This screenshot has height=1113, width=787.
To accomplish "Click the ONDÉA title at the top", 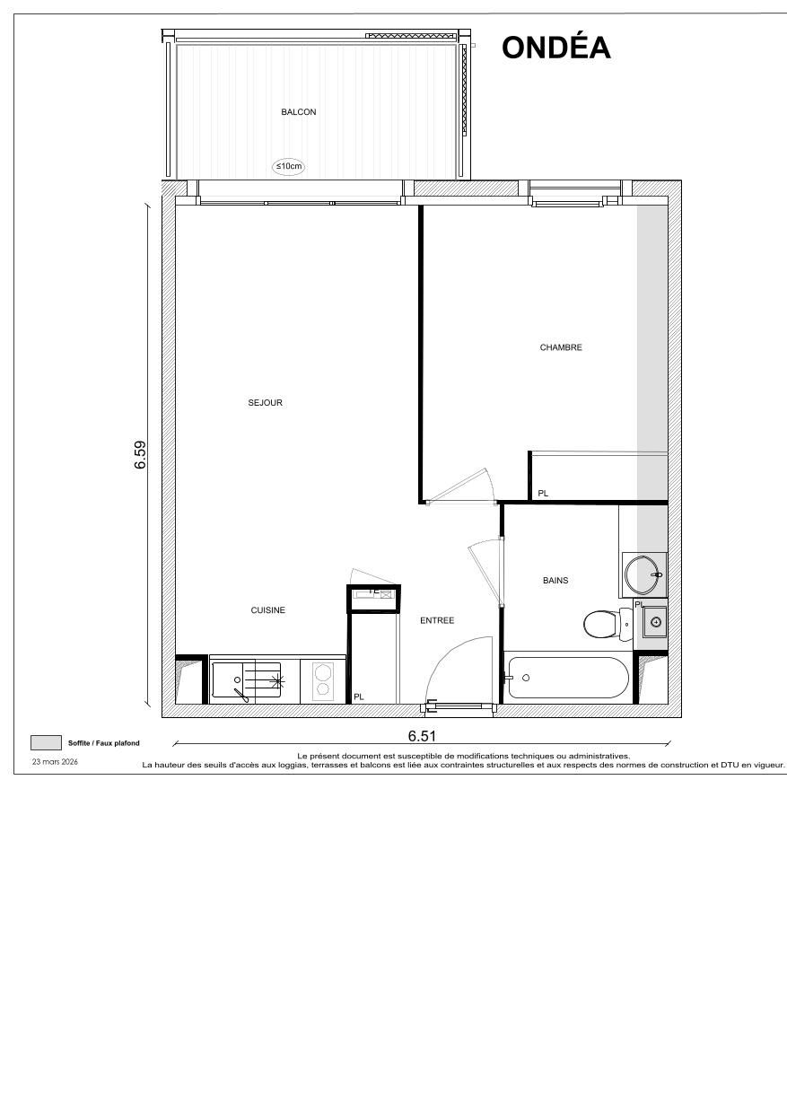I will click(x=555, y=48).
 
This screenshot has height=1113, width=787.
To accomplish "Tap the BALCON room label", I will click(x=298, y=112).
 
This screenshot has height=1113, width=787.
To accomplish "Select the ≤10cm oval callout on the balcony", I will click(x=288, y=166).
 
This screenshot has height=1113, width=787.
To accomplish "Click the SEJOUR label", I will click(x=265, y=403).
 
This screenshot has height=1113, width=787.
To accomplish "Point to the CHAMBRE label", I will click(x=561, y=347).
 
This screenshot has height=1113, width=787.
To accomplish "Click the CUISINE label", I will click(x=267, y=610).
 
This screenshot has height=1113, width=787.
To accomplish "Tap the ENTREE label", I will click(x=437, y=620).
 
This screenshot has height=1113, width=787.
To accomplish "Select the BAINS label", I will click(x=555, y=581).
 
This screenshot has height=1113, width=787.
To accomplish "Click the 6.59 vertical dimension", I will click(x=140, y=454).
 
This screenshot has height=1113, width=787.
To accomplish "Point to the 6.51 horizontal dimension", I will click(x=422, y=736).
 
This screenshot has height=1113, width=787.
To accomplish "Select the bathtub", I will click(x=567, y=678).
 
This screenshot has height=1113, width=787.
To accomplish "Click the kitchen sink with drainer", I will click(x=246, y=680).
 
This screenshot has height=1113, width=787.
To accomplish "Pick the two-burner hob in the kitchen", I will click(x=322, y=679).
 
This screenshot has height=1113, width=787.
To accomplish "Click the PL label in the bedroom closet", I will click(x=542, y=494).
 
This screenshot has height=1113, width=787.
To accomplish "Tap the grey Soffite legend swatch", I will click(x=45, y=742).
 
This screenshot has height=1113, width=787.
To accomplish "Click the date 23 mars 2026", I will click(x=55, y=761).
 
